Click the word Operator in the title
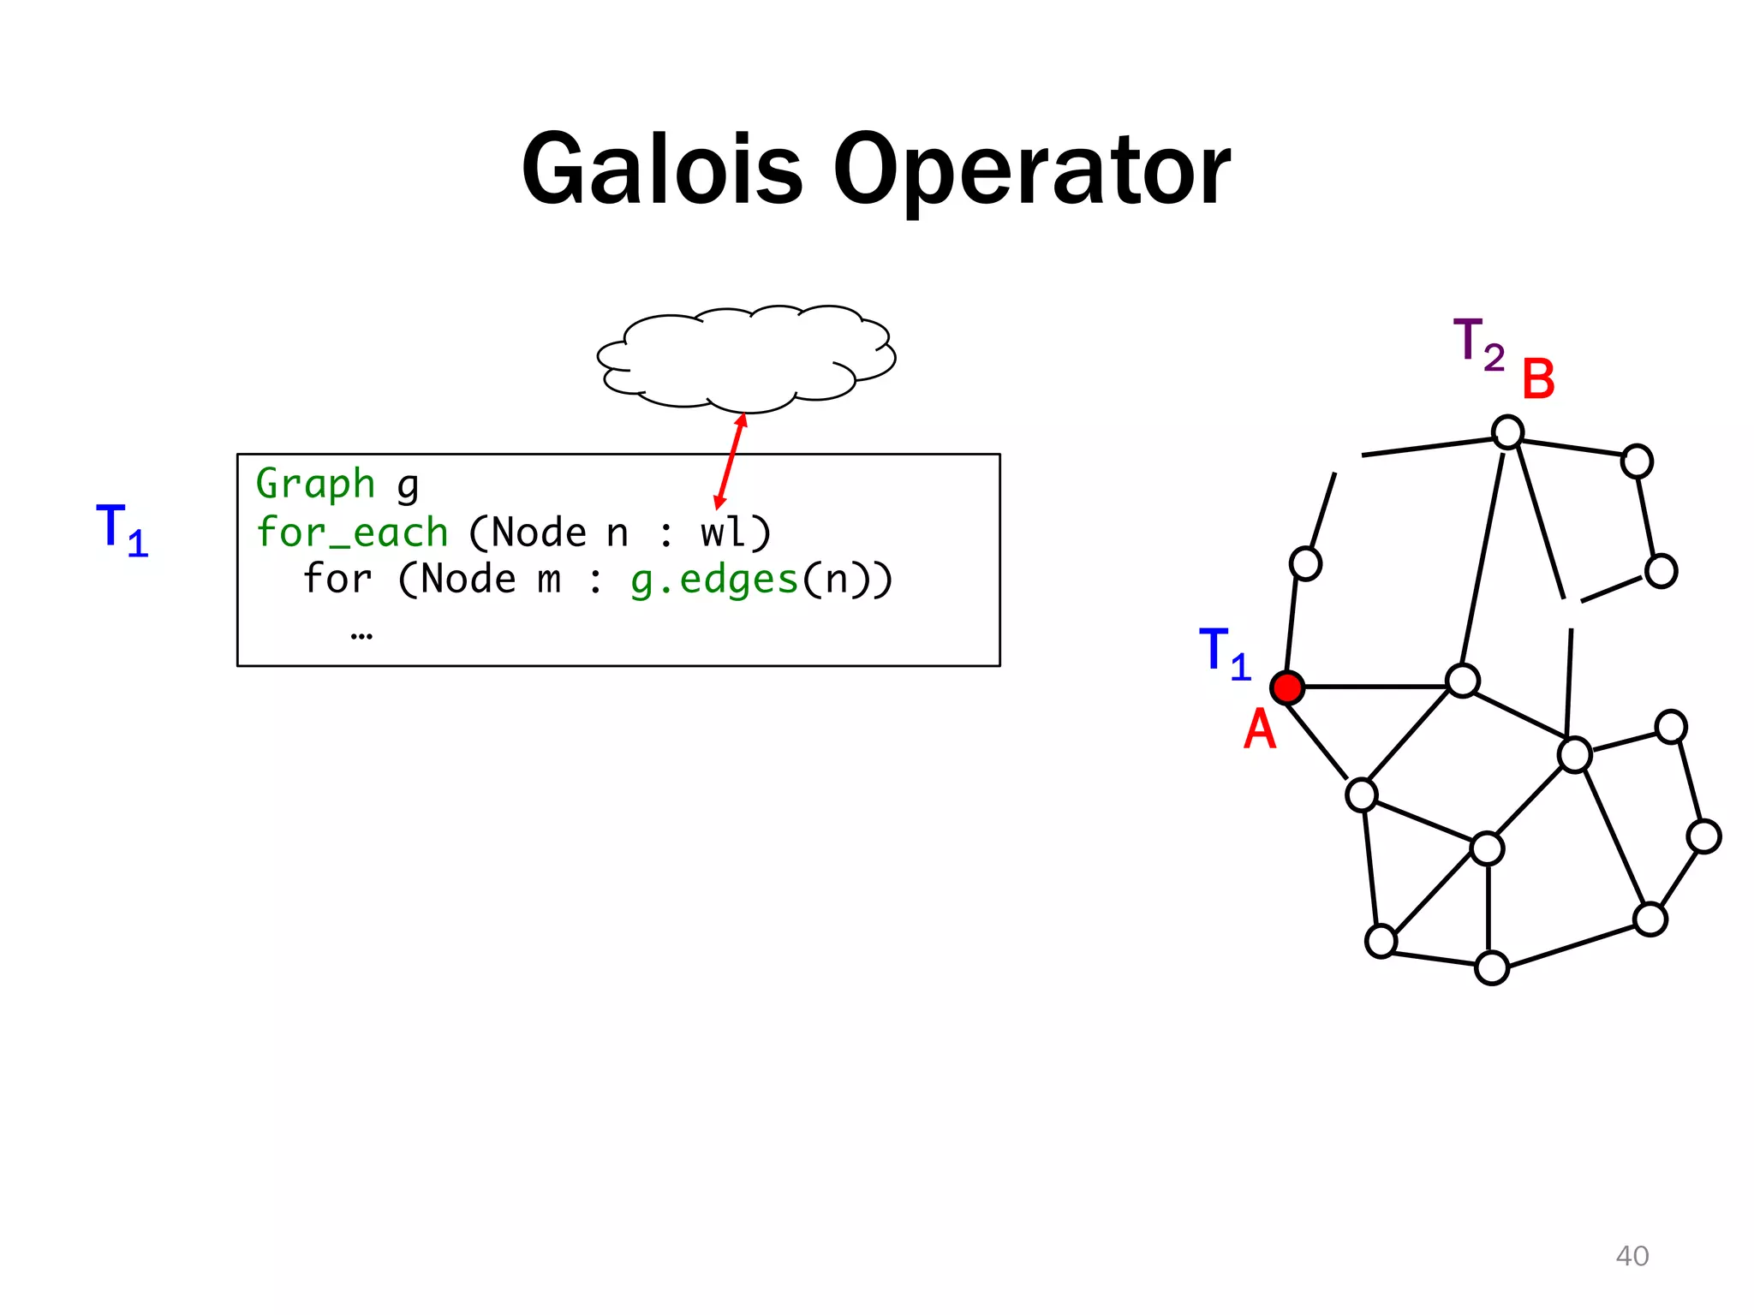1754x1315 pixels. (1031, 171)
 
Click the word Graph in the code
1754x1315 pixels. (315, 485)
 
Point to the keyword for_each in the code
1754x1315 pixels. (352, 533)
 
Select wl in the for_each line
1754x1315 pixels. (723, 533)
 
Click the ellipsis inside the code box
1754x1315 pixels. (361, 634)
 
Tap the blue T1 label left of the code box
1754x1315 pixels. (122, 529)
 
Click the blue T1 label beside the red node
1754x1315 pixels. (1225, 652)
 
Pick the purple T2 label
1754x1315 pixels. (1478, 344)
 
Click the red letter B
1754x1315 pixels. (1538, 379)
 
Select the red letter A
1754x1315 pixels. (1259, 729)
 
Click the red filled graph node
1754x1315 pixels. (1287, 687)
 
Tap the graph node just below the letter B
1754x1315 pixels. (1507, 431)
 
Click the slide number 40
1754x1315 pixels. (1632, 1256)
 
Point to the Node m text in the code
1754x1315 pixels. (490, 580)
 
